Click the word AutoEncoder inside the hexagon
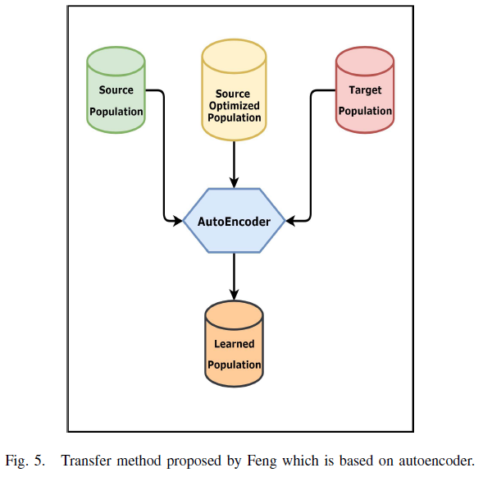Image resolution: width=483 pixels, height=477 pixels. tap(234, 221)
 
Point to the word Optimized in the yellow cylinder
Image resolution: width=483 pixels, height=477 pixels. tap(234, 106)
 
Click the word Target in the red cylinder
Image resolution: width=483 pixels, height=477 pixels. tap(365, 89)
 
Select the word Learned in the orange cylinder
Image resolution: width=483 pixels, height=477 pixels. tap(234, 344)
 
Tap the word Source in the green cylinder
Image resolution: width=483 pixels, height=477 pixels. tap(116, 89)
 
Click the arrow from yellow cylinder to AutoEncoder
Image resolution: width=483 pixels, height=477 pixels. tap(234, 164)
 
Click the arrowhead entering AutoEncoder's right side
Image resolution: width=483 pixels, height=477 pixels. tap(292, 220)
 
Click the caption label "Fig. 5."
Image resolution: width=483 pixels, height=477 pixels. tap(25, 460)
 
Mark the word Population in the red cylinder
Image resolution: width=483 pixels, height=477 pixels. tap(365, 111)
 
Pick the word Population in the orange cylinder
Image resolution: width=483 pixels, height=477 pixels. tap(234, 365)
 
